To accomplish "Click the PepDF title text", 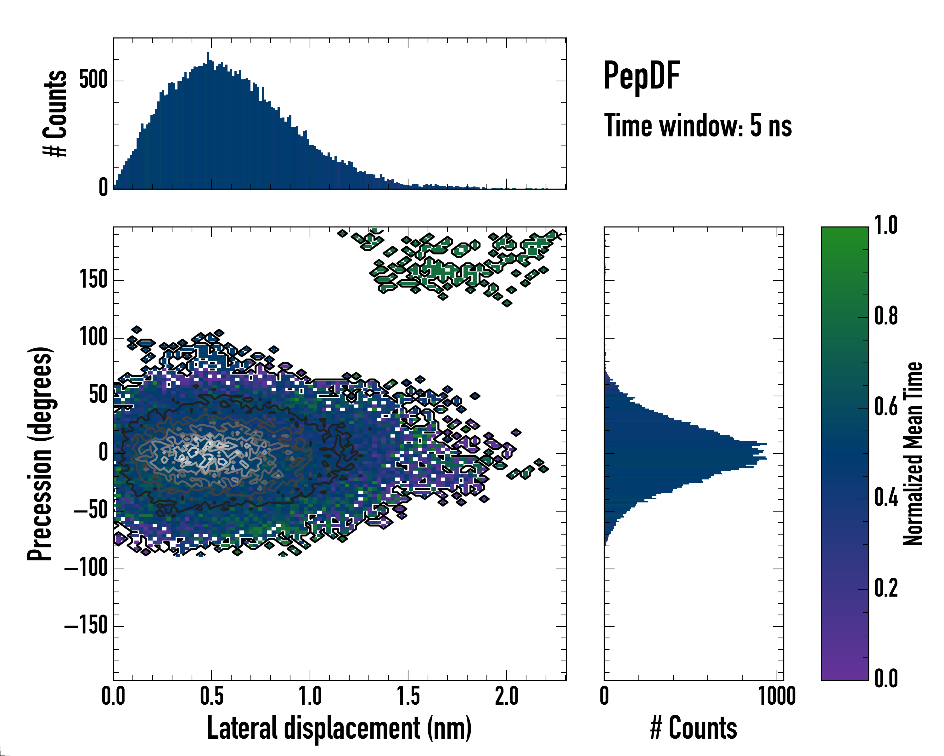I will (641, 76).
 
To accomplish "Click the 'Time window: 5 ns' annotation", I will (698, 126).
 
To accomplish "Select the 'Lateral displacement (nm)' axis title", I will (339, 728).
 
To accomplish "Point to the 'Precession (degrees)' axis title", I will (40, 454).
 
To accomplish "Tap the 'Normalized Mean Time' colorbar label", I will (913, 454).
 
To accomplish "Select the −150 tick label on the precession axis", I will (86, 626).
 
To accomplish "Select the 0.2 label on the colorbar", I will (886, 588).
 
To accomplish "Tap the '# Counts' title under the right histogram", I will (694, 728).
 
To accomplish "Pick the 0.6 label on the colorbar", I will (886, 407).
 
